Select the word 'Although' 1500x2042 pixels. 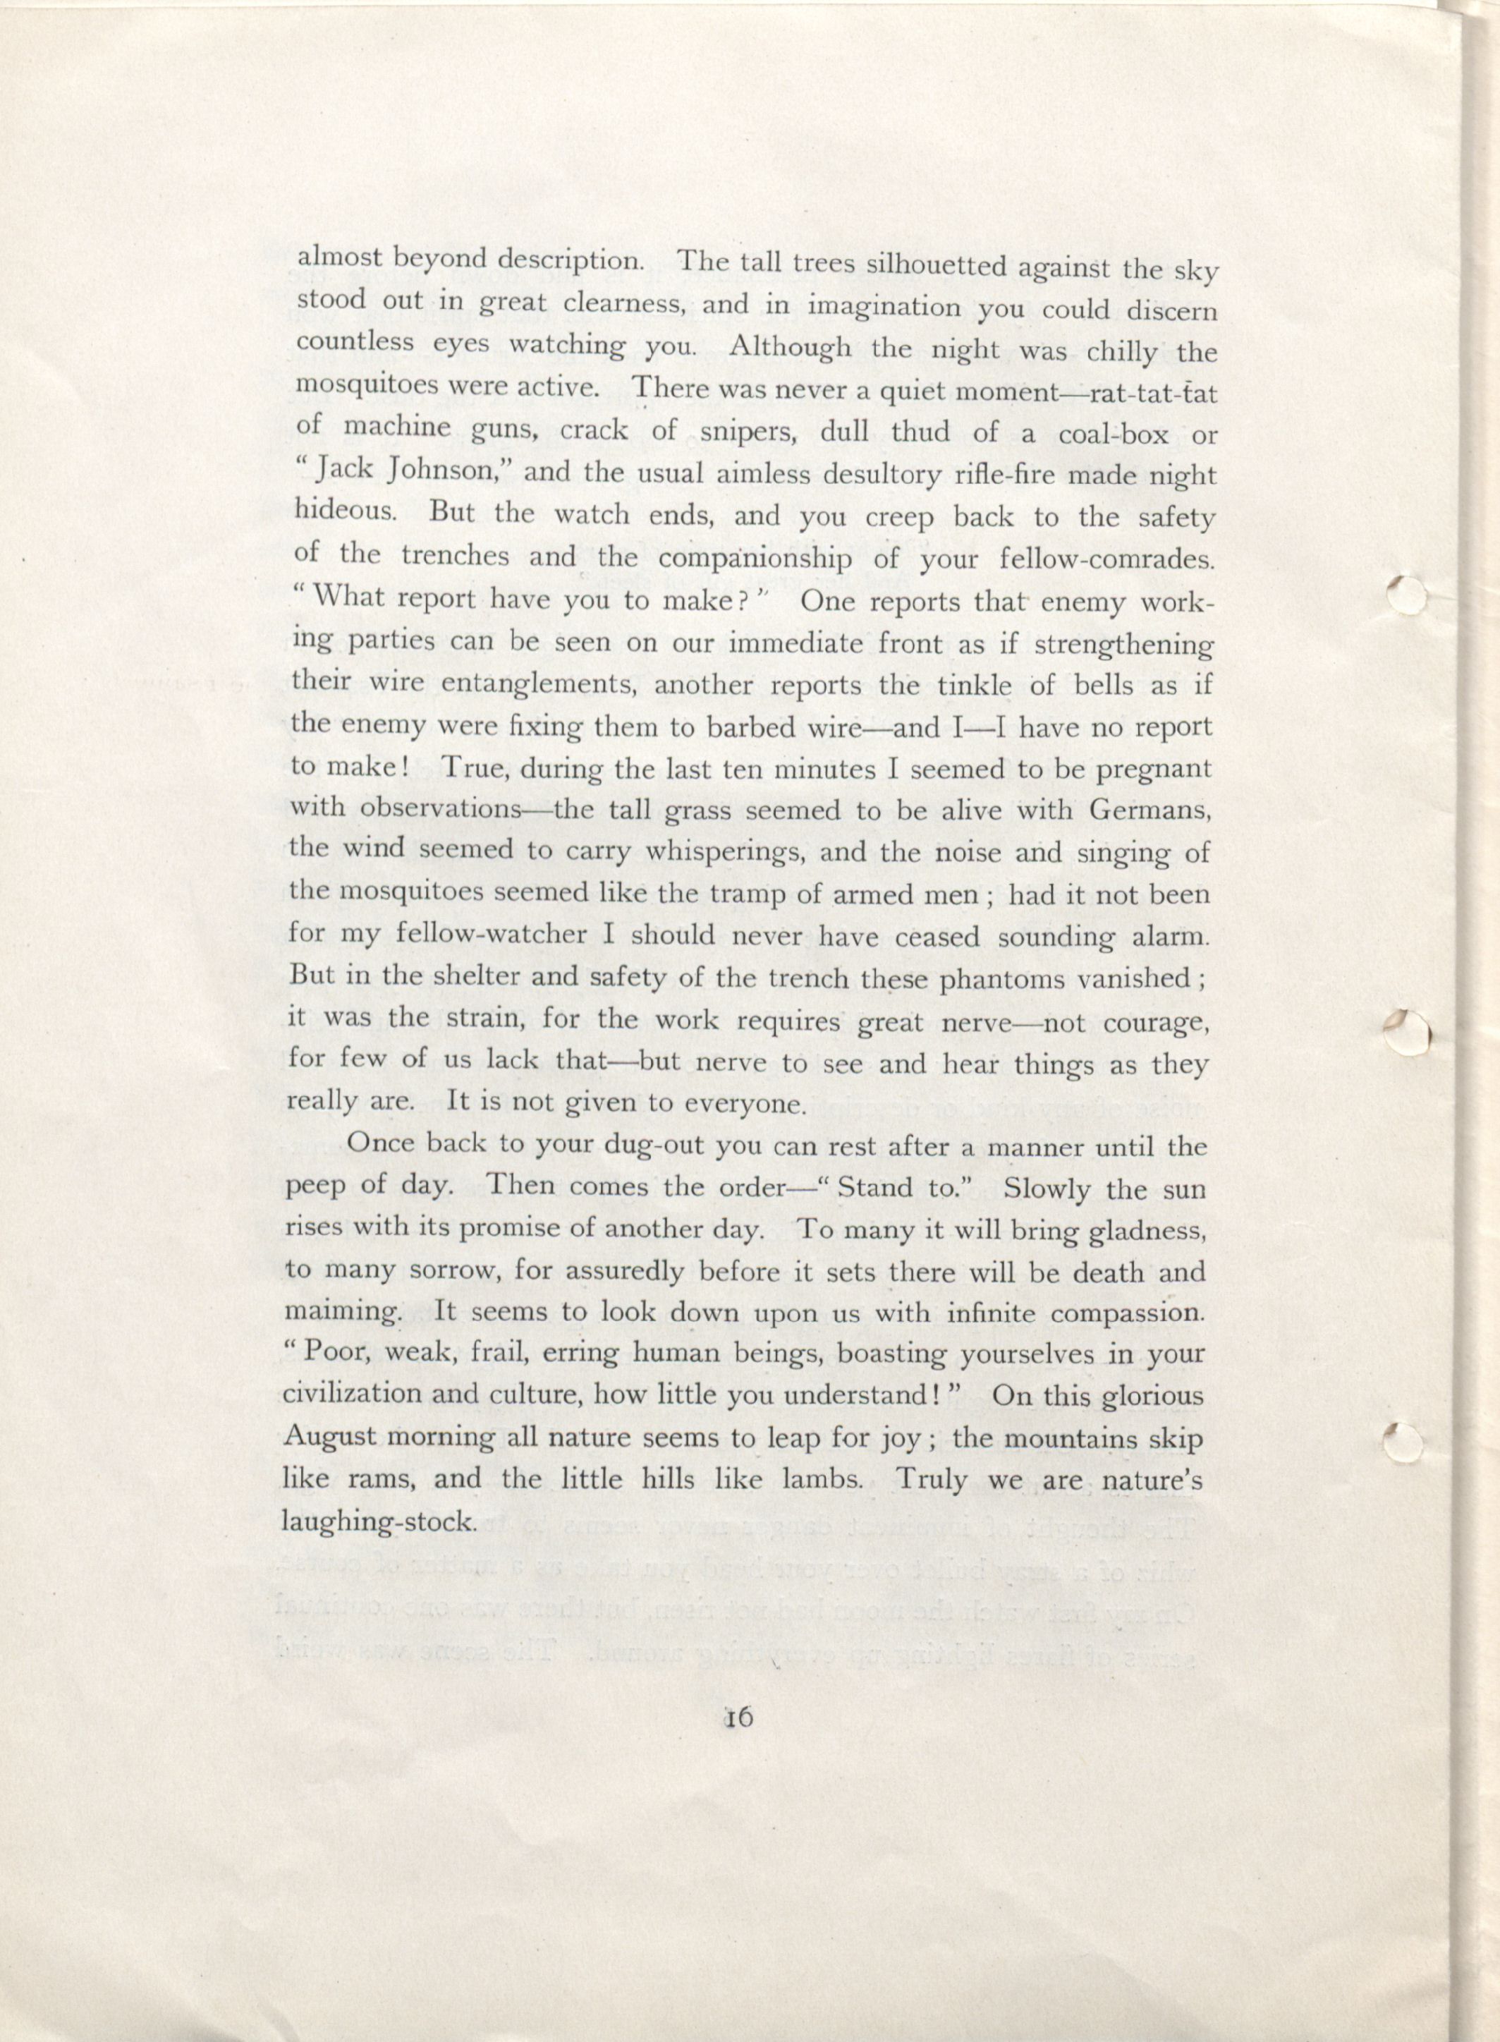(791, 348)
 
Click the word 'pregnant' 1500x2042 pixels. (1152, 768)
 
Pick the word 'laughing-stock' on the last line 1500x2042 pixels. (379, 1521)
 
